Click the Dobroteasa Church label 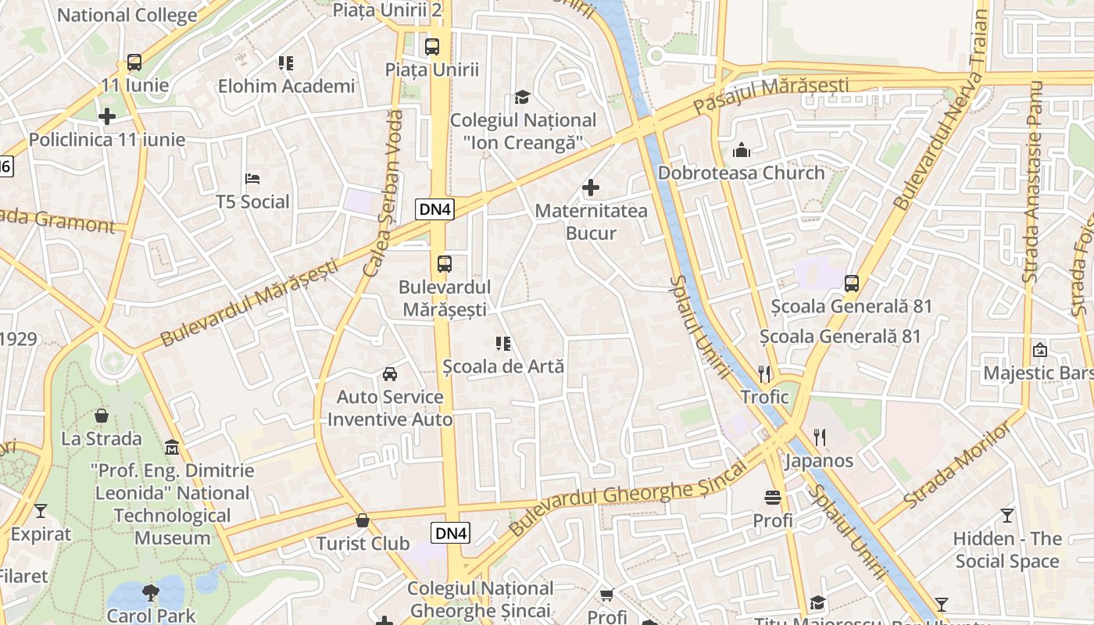coord(742,173)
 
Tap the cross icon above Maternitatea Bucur coord(591,187)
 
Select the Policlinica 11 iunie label coord(107,140)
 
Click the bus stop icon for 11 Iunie coord(134,62)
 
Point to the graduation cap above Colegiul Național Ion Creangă coord(522,97)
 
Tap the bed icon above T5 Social coord(252,179)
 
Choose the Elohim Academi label coord(286,86)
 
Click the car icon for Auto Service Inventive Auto coord(390,374)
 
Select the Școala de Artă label coord(503,366)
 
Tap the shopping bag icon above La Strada coord(102,416)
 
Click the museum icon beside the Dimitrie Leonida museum coord(172,448)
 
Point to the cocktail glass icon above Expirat coord(41,511)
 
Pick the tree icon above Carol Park coord(151,592)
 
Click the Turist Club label coord(363,543)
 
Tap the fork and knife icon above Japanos coord(819,437)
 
